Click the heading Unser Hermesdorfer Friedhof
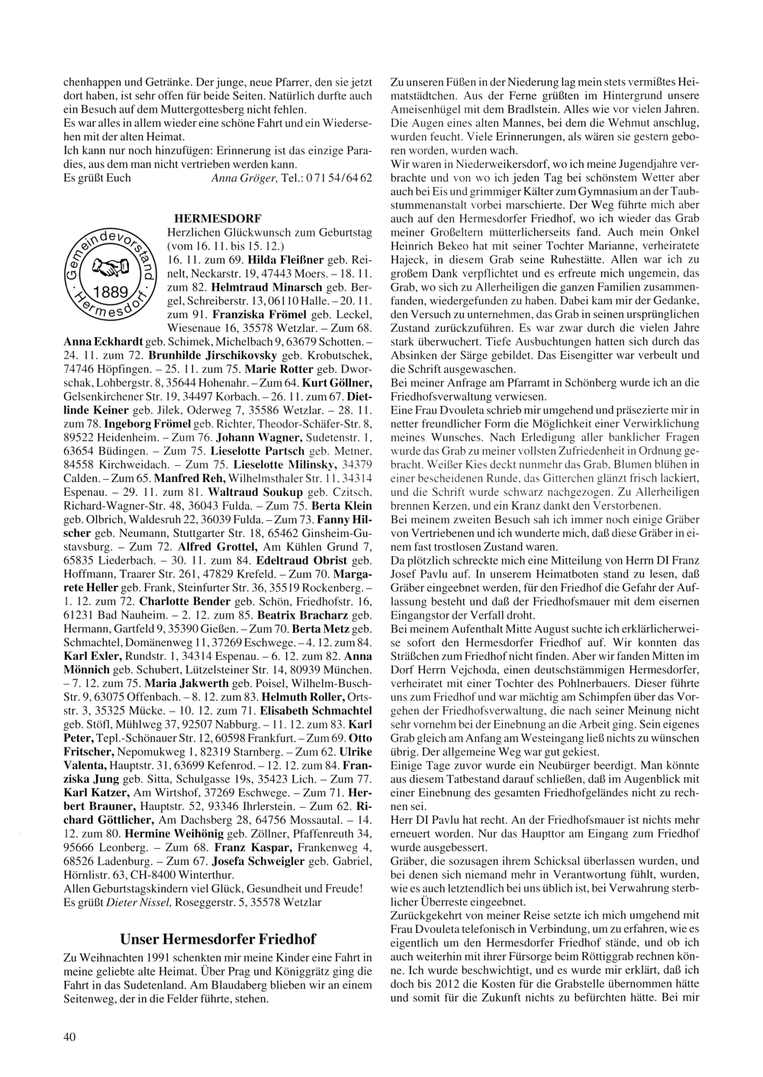coord(218,938)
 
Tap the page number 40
coord(69,1036)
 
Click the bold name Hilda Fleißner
coord(286,259)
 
